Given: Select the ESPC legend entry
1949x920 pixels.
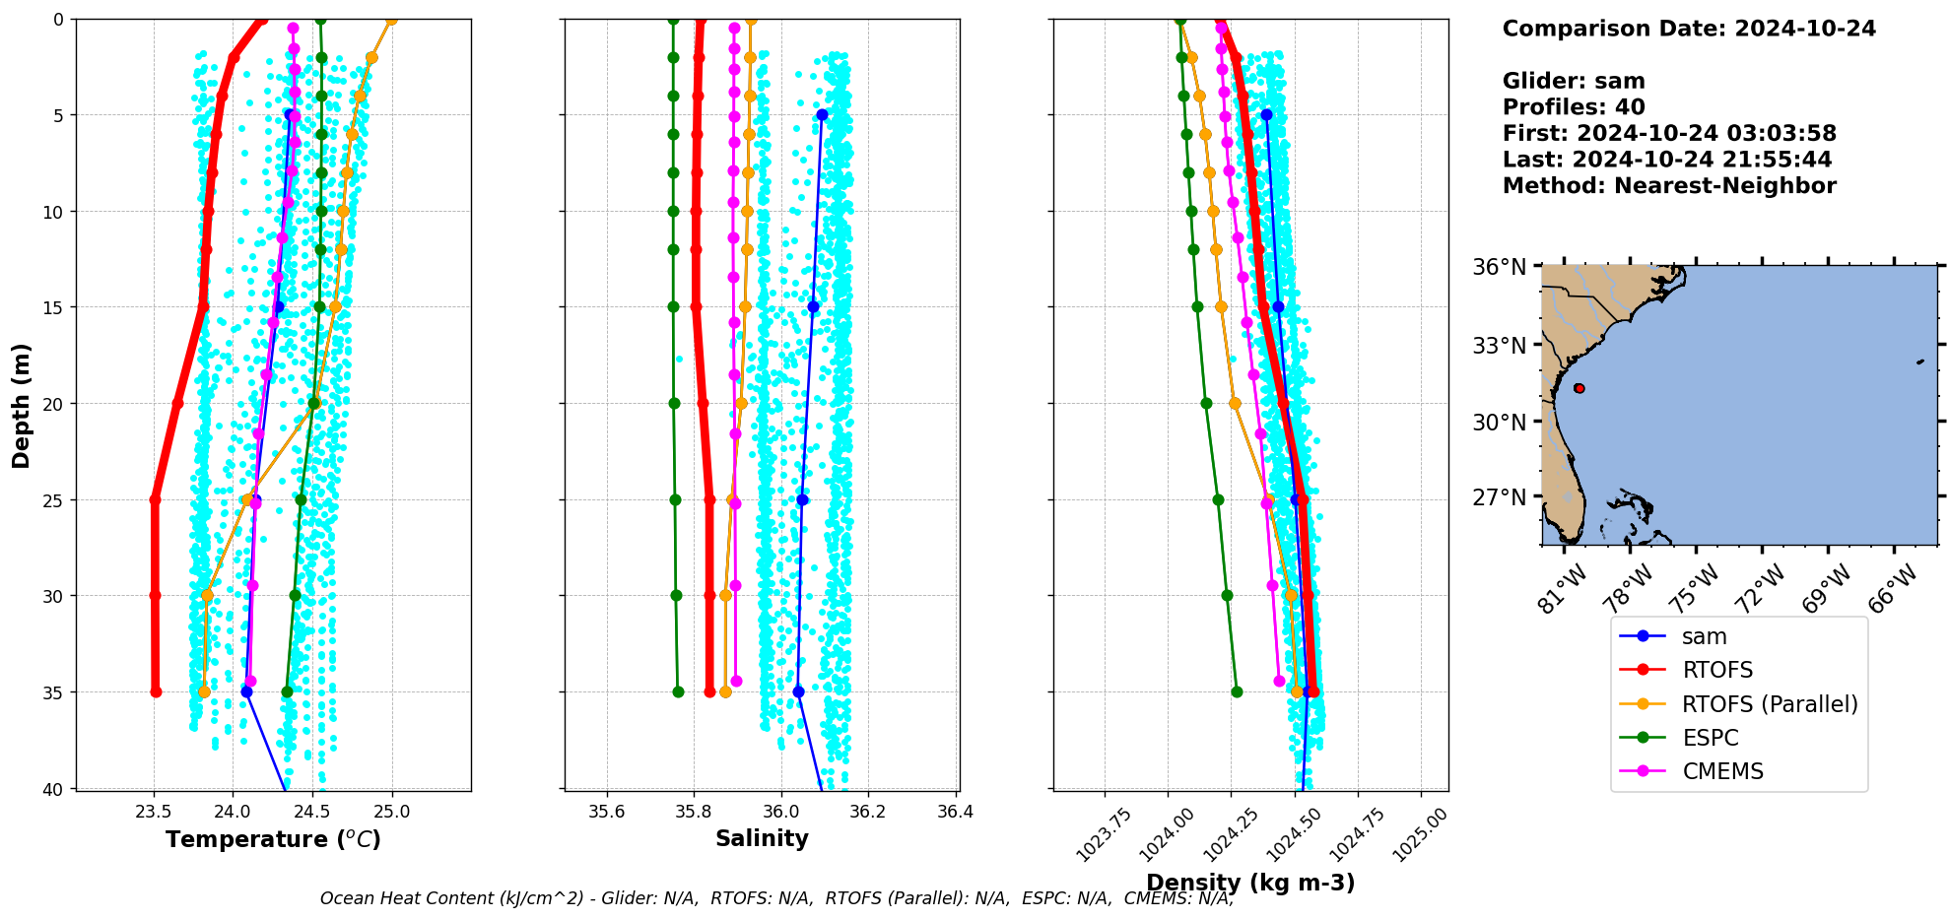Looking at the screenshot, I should click(x=1710, y=738).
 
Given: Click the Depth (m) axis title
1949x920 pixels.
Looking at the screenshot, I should click(x=22, y=405).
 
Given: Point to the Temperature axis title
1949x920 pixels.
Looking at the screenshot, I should click(x=273, y=839).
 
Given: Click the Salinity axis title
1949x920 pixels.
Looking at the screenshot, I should click(x=762, y=838).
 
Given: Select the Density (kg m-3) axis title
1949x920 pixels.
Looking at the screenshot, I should click(x=1250, y=883).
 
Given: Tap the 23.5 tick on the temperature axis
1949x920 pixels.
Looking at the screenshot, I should click(x=154, y=813).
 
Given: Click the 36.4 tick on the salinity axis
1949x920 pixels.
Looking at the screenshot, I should click(x=955, y=813).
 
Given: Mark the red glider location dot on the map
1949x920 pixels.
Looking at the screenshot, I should click(x=1579, y=388).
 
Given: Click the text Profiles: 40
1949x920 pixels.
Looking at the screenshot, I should click(x=1574, y=107).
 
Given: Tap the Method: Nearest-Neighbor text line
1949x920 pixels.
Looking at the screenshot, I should click(x=1668, y=186).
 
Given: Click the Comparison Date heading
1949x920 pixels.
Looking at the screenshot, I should click(x=1688, y=29).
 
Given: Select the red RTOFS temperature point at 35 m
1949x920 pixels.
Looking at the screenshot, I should click(x=156, y=691).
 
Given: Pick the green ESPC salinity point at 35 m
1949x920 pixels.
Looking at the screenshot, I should click(x=678, y=691).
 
